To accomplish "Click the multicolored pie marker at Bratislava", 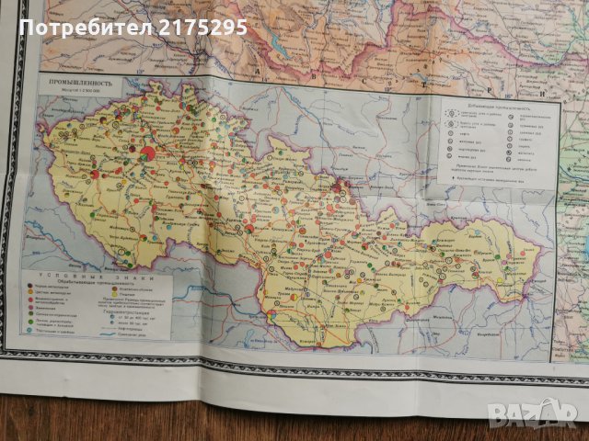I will coord(272,314).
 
